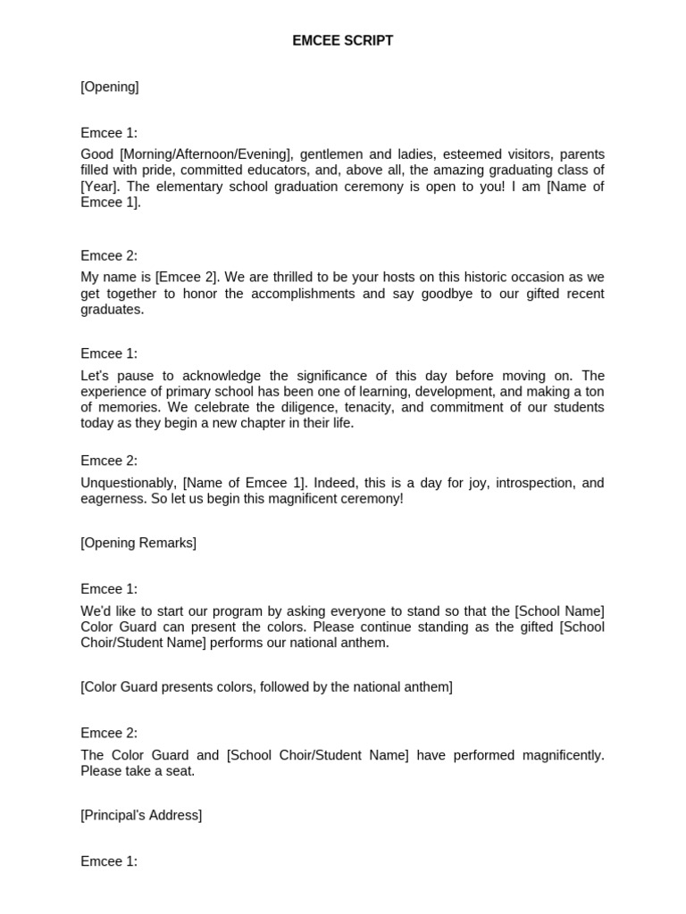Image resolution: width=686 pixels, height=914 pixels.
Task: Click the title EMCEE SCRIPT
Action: click(342, 41)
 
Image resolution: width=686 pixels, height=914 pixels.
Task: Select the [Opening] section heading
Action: click(109, 87)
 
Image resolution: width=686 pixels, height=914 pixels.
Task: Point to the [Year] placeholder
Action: click(96, 187)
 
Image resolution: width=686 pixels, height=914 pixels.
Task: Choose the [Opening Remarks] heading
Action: click(138, 543)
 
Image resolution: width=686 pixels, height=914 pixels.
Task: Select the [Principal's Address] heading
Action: click(141, 815)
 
